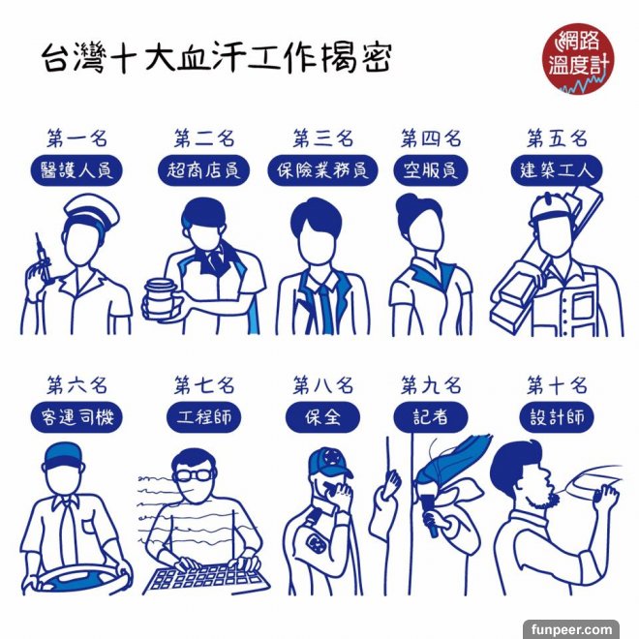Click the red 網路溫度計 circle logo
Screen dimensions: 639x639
(x=578, y=58)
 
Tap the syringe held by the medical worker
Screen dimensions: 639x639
(x=44, y=258)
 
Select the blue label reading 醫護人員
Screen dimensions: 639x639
(x=77, y=170)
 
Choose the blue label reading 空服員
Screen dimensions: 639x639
(x=431, y=170)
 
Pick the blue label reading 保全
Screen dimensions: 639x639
(x=322, y=417)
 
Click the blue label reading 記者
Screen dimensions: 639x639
(x=431, y=417)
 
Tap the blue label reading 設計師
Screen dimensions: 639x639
(x=557, y=417)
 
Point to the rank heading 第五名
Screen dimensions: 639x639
(x=557, y=138)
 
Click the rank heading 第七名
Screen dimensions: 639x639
(x=204, y=385)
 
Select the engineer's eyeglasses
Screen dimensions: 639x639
(x=193, y=475)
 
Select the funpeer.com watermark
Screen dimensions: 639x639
(x=571, y=629)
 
